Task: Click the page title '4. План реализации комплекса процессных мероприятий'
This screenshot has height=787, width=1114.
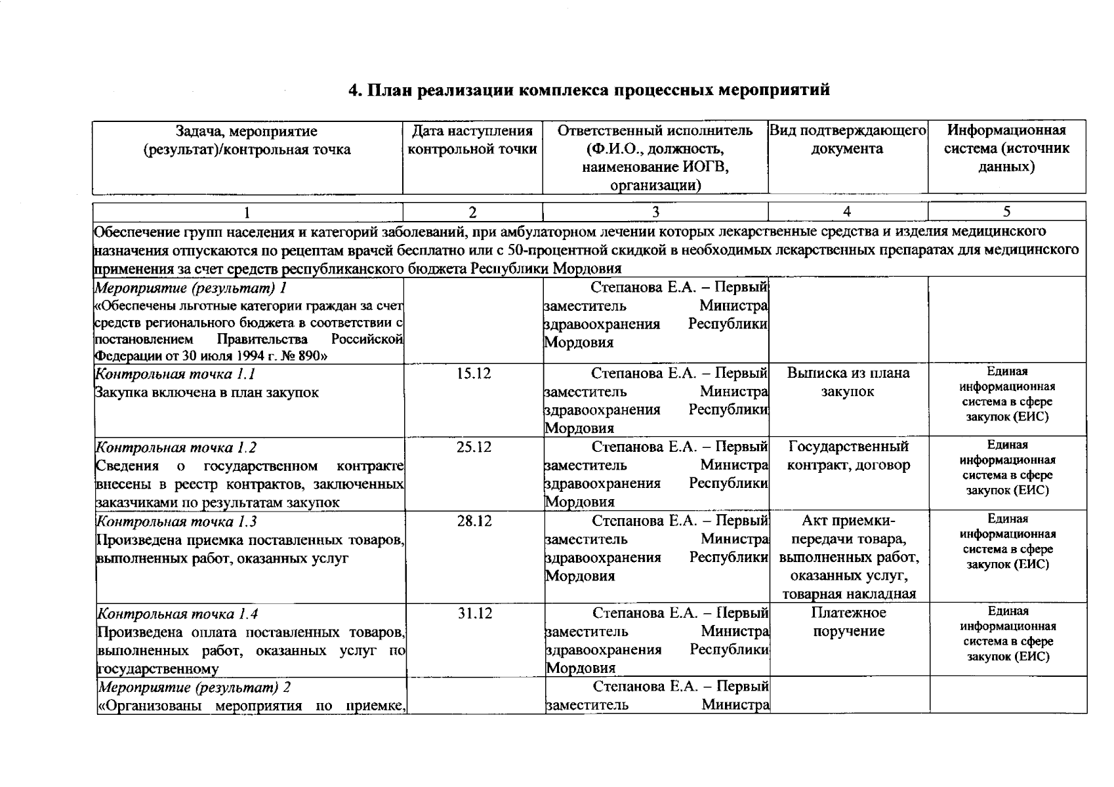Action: click(588, 90)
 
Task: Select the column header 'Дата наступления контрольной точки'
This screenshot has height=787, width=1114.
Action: click(472, 140)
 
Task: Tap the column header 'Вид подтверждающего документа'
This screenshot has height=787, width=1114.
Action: click(847, 140)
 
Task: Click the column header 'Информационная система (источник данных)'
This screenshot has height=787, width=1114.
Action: click(1006, 148)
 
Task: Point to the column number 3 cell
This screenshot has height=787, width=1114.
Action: click(655, 212)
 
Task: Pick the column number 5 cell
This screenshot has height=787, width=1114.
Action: click(1006, 211)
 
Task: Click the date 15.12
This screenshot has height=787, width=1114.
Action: click(474, 374)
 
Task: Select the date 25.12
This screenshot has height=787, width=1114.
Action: click(474, 447)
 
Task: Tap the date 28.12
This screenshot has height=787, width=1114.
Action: click(474, 521)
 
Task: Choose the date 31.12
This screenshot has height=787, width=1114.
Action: click(474, 613)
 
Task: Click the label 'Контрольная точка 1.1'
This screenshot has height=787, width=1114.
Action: click(175, 374)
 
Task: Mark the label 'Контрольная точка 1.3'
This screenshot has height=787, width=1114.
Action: click(176, 522)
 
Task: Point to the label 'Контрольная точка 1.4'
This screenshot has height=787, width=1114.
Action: click(177, 615)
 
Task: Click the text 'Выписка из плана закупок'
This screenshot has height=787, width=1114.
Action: click(848, 382)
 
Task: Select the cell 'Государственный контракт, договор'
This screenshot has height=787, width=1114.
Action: click(848, 456)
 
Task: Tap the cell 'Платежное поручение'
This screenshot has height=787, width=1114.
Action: click(848, 622)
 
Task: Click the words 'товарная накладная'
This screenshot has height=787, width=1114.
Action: click(849, 594)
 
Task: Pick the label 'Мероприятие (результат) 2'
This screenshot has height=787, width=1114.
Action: click(194, 687)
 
